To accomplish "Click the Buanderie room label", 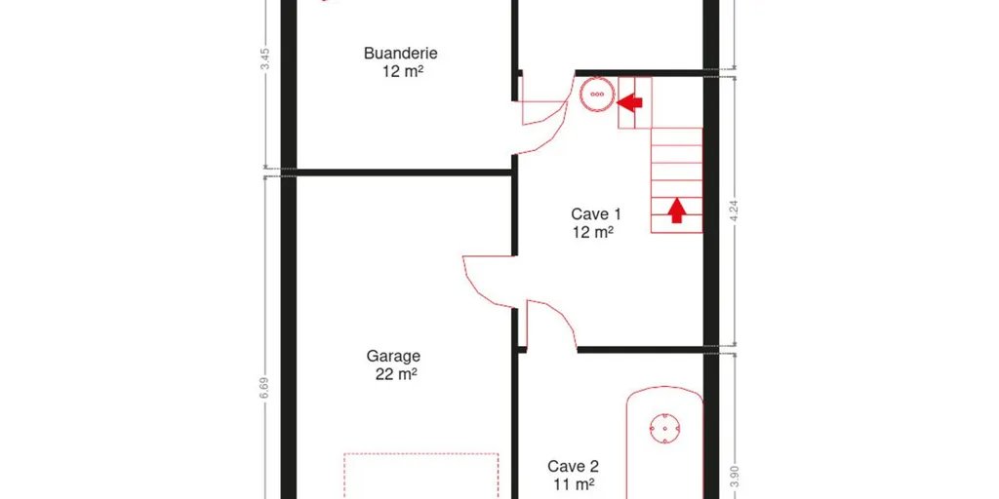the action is pyautogui.click(x=401, y=54).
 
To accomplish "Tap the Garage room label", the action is pyautogui.click(x=393, y=357).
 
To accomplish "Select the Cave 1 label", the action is pyautogui.click(x=596, y=213).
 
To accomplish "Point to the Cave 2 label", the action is pyautogui.click(x=574, y=467).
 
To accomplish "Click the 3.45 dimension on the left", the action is pyautogui.click(x=266, y=59).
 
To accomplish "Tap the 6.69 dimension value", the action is pyautogui.click(x=265, y=389).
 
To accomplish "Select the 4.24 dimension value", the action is pyautogui.click(x=734, y=210).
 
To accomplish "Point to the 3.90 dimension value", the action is pyautogui.click(x=734, y=478).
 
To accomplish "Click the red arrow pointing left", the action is pyautogui.click(x=629, y=101).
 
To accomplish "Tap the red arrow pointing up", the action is pyautogui.click(x=677, y=211).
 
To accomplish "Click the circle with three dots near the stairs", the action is pyautogui.click(x=597, y=95).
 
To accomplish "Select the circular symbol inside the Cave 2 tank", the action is pyautogui.click(x=664, y=429).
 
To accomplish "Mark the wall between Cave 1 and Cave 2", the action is pyautogui.click(x=640, y=350).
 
